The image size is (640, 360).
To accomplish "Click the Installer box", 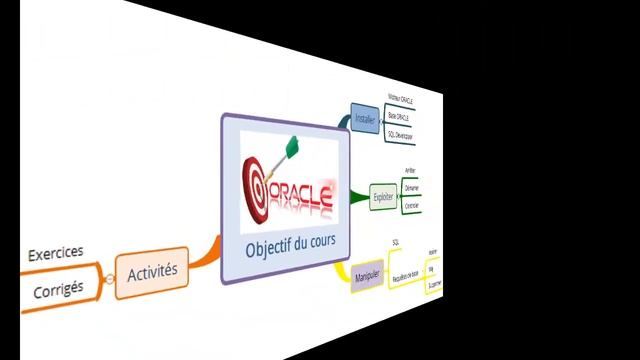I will click(365, 119).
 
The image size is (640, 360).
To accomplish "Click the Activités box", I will click(152, 270).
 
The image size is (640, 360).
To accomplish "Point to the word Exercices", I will click(56, 253).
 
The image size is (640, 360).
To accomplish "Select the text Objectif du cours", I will click(291, 243).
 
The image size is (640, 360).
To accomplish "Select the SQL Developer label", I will click(399, 132).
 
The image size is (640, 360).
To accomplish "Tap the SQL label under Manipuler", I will click(396, 243).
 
